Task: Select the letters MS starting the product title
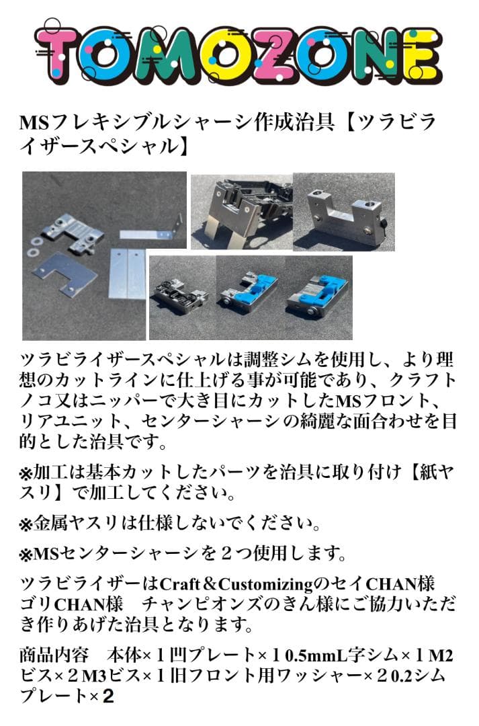[x=32, y=123]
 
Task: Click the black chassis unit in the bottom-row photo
[x=180, y=296]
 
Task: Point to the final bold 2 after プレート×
[x=107, y=696]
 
